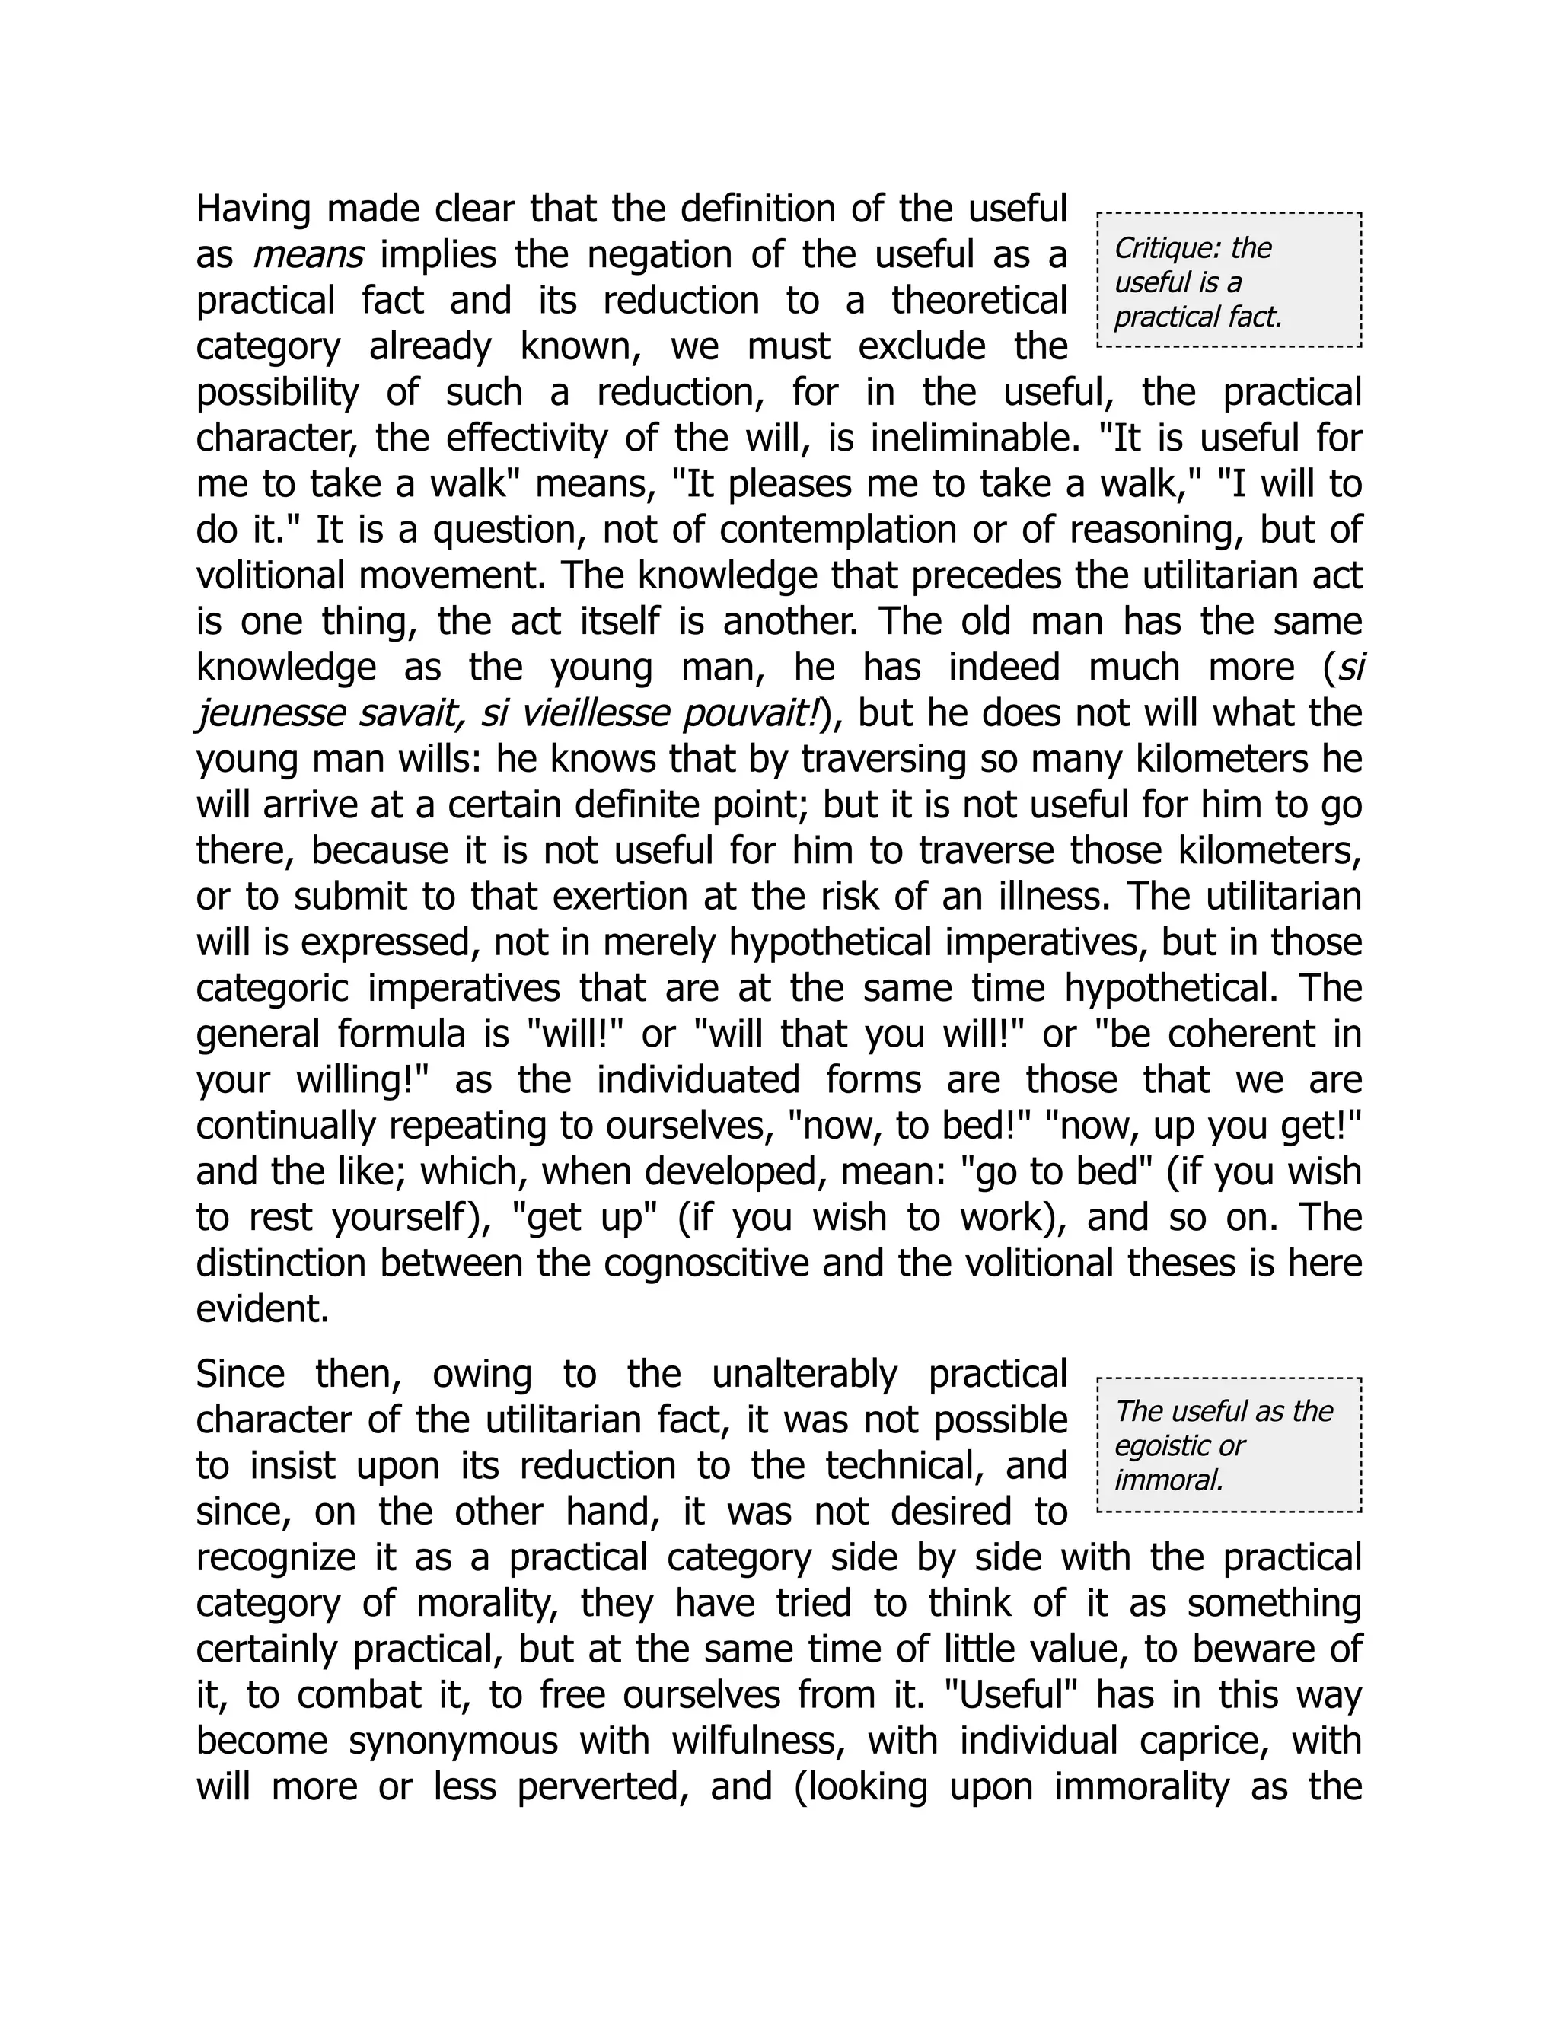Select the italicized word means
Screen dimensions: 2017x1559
[x=308, y=256]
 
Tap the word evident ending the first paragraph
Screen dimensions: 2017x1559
[x=263, y=1311]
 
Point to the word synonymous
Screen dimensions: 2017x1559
[x=454, y=1741]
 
